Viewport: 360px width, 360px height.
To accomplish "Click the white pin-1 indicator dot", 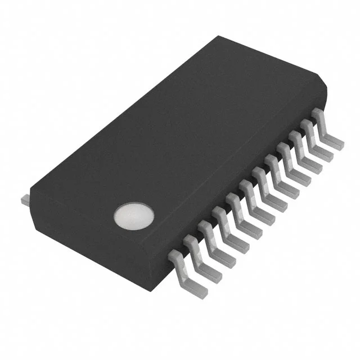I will point(133,215).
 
